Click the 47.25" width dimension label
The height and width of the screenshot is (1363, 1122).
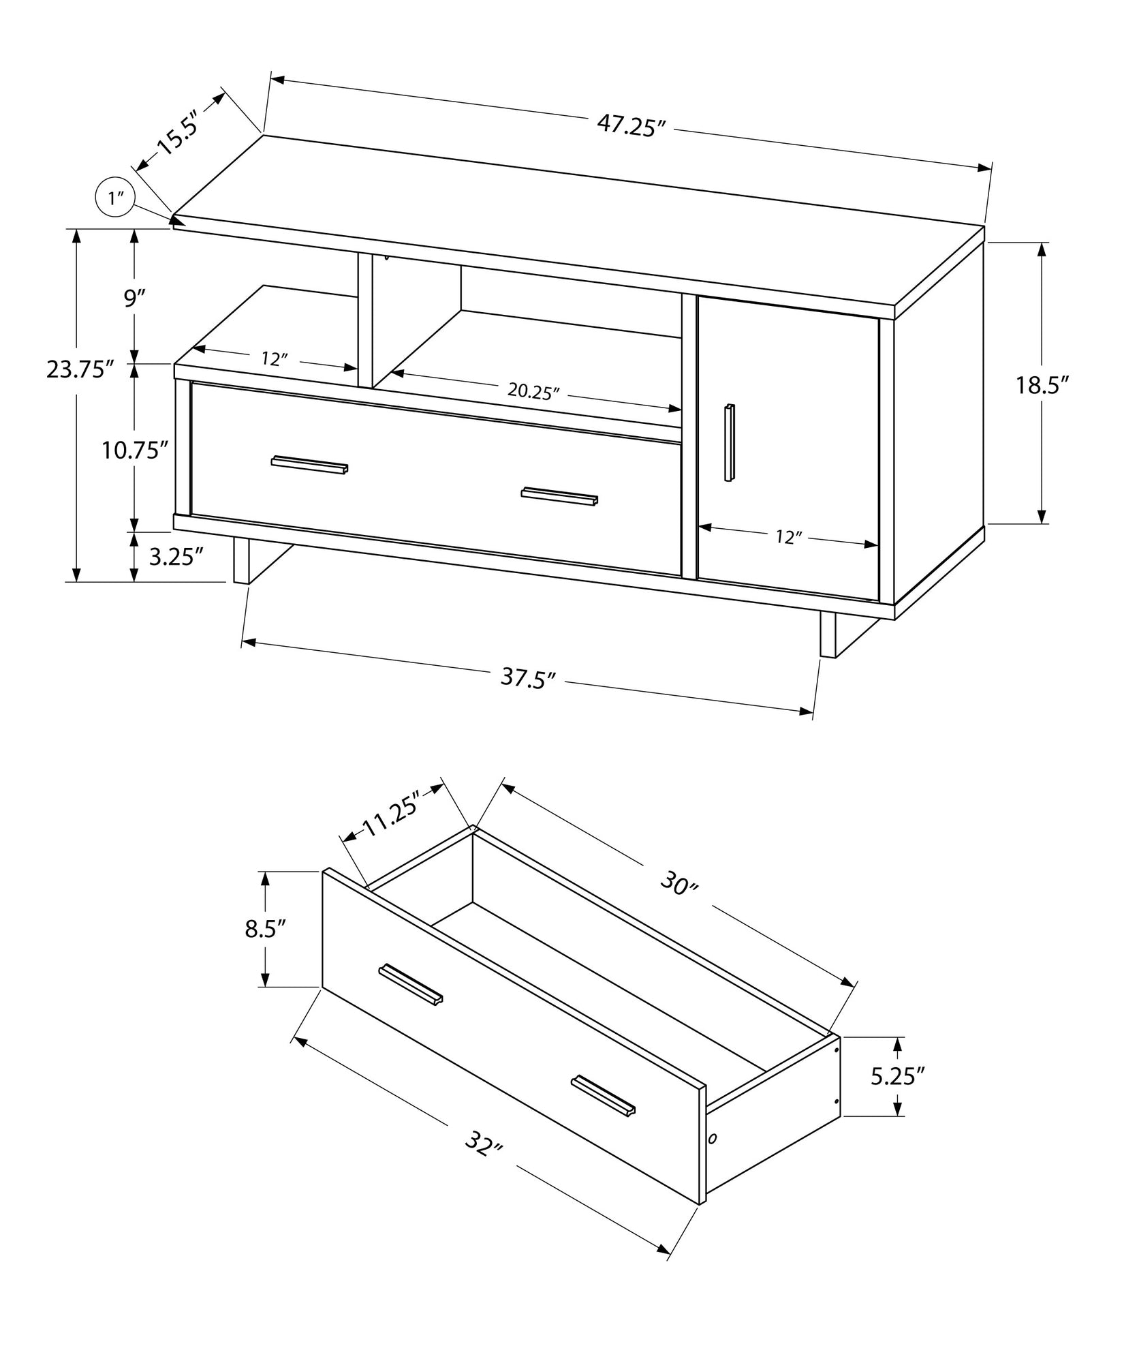(630, 126)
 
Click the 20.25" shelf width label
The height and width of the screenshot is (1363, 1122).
(533, 392)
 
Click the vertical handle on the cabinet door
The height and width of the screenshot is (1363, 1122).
(730, 443)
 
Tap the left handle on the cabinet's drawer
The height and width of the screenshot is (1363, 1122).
(310, 464)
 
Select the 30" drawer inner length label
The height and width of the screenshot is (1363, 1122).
(680, 886)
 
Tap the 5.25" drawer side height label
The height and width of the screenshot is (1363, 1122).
(897, 1096)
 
